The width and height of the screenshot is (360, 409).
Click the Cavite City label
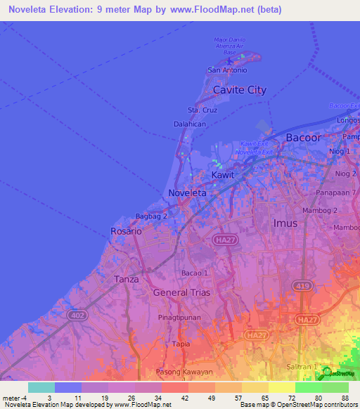coord(240,90)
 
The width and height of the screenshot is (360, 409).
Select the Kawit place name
coord(223,174)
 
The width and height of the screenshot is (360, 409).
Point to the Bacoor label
coord(303,138)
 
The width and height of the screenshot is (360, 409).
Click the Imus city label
coord(285,223)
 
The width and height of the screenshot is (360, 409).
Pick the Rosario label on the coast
coord(127,231)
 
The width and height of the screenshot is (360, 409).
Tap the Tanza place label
coord(127,279)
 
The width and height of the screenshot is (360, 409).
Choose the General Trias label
coord(184,292)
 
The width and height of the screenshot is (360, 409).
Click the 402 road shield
coord(77,317)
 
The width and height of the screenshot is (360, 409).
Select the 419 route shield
coord(302,285)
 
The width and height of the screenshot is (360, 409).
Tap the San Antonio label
coord(227,70)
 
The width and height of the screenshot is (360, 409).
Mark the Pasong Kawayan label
coord(184,371)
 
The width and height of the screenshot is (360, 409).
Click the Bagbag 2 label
coord(152,216)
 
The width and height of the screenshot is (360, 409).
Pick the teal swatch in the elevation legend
coord(41,388)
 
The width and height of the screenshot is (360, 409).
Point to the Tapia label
coord(181,344)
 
